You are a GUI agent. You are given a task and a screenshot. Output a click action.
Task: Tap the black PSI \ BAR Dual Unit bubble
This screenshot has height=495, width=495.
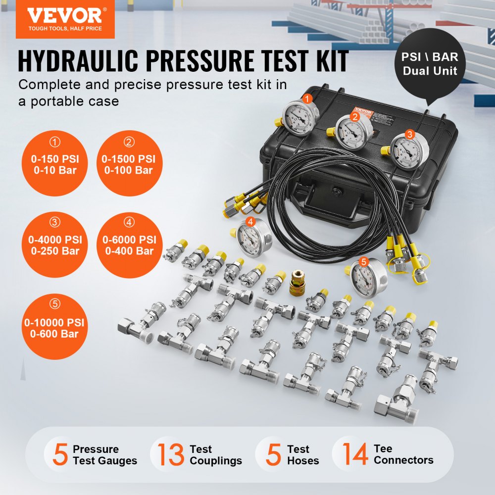pyautogui.click(x=430, y=64)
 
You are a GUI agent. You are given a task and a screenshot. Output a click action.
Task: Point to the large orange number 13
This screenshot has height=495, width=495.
pyautogui.click(x=171, y=455)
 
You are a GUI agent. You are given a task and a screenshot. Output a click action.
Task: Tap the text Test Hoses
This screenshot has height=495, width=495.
pyautogui.click(x=303, y=455)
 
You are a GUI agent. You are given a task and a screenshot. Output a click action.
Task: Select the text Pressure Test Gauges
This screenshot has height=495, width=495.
pyautogui.click(x=104, y=455)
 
